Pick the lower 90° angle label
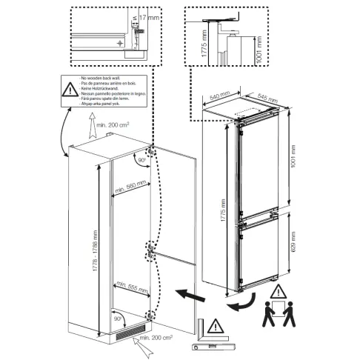118,318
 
